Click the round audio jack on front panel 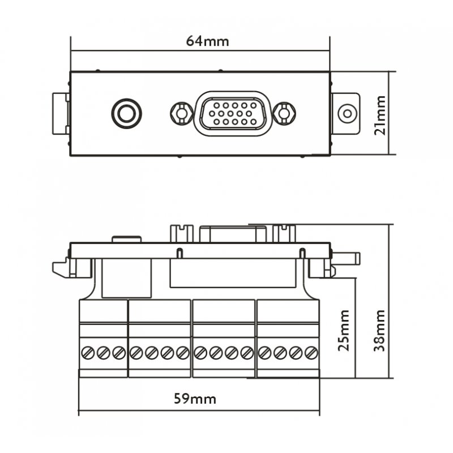click(126, 113)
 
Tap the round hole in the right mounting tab click(346, 113)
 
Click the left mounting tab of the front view click(61, 113)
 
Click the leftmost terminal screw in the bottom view click(87, 353)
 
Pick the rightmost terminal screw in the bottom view click(310, 353)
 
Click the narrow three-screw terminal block click(102, 338)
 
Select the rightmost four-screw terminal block click(288, 338)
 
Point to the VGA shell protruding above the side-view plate click(232, 234)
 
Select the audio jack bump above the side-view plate click(126, 239)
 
